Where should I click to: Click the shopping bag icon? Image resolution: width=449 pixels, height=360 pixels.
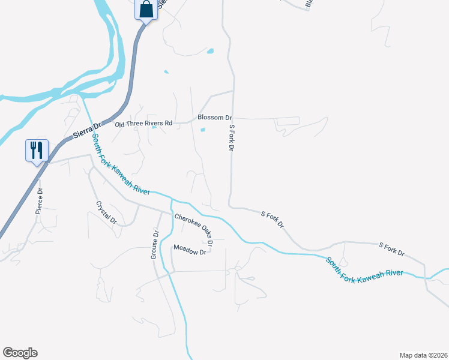(x=146, y=10)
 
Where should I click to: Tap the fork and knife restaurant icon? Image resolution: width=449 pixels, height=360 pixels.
(x=36, y=150)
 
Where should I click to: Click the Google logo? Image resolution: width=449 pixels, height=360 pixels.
(x=20, y=353)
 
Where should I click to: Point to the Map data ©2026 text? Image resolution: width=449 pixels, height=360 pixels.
(x=423, y=355)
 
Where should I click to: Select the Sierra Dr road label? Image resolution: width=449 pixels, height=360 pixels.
(x=85, y=130)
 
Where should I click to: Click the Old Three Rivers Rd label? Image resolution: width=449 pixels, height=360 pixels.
(x=143, y=123)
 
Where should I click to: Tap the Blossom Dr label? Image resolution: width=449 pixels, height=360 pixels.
(x=214, y=118)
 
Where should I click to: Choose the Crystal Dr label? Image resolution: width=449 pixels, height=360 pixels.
(x=106, y=212)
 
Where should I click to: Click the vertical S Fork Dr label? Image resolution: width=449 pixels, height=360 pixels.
(x=231, y=138)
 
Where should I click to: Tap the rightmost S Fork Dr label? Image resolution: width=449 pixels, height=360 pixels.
(x=392, y=250)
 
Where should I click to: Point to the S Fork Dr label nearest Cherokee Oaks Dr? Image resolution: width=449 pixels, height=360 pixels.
(x=273, y=219)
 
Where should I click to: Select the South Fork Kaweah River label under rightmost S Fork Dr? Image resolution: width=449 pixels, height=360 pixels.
(x=364, y=268)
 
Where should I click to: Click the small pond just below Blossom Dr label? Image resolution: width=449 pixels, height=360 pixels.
(x=202, y=130)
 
